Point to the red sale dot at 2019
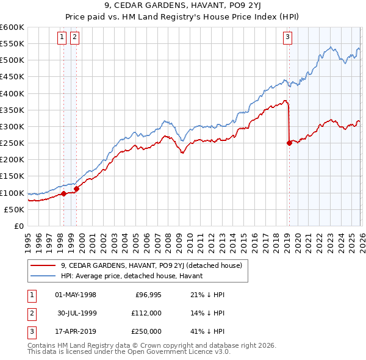click(x=289, y=143)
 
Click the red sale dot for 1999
click(x=76, y=189)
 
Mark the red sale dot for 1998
click(x=63, y=194)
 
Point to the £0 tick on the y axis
click(x=18, y=226)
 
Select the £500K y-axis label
click(x=12, y=60)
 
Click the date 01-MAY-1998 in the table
click(x=76, y=295)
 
